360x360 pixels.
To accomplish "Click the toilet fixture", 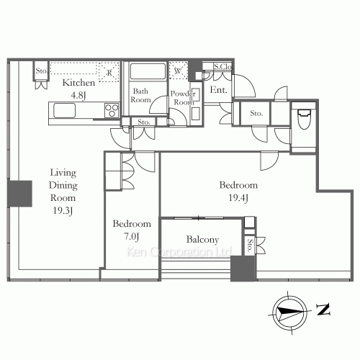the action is pyautogui.click(x=304, y=120).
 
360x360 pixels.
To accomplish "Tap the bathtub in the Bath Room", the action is pyautogui.click(x=148, y=71).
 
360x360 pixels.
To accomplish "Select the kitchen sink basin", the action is pyautogui.click(x=64, y=110).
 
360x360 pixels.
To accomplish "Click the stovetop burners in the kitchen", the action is pyautogui.click(x=112, y=110).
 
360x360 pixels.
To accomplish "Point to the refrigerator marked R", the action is pyautogui.click(x=108, y=72).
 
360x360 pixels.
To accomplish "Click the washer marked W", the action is pyautogui.click(x=178, y=71).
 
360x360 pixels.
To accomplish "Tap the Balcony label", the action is pyautogui.click(x=202, y=240).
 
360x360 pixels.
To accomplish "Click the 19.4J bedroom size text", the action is pyautogui.click(x=238, y=198).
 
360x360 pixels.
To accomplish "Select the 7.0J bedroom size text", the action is pyautogui.click(x=132, y=237).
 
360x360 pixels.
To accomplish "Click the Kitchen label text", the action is pyautogui.click(x=78, y=83).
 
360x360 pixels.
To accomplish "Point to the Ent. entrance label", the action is pyautogui.click(x=218, y=90).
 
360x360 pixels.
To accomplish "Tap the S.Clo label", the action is pyautogui.click(x=223, y=66).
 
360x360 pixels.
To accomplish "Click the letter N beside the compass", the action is pyautogui.click(x=323, y=310).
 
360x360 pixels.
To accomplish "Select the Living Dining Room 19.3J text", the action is pyautogui.click(x=63, y=192).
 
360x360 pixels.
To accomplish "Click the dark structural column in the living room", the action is pyautogui.click(x=19, y=194).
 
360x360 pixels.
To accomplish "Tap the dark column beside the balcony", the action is pyautogui.click(x=243, y=269).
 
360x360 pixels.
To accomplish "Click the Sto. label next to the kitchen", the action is pyautogui.click(x=41, y=71).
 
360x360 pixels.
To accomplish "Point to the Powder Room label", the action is pyautogui.click(x=183, y=98).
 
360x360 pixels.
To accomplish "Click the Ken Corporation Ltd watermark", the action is pyautogui.click(x=179, y=252).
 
